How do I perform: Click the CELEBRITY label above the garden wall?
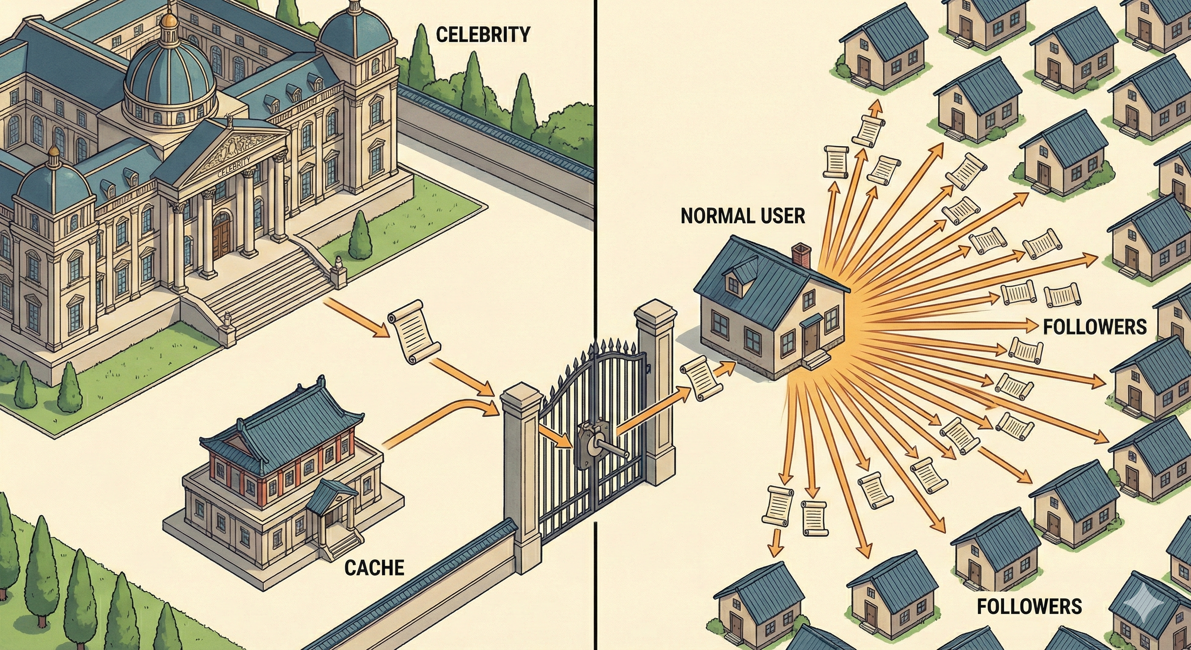(483, 35)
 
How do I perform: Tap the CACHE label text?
(374, 567)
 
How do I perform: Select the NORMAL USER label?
(743, 216)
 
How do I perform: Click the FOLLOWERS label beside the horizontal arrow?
(1095, 327)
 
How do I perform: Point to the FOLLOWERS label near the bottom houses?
(1029, 606)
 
